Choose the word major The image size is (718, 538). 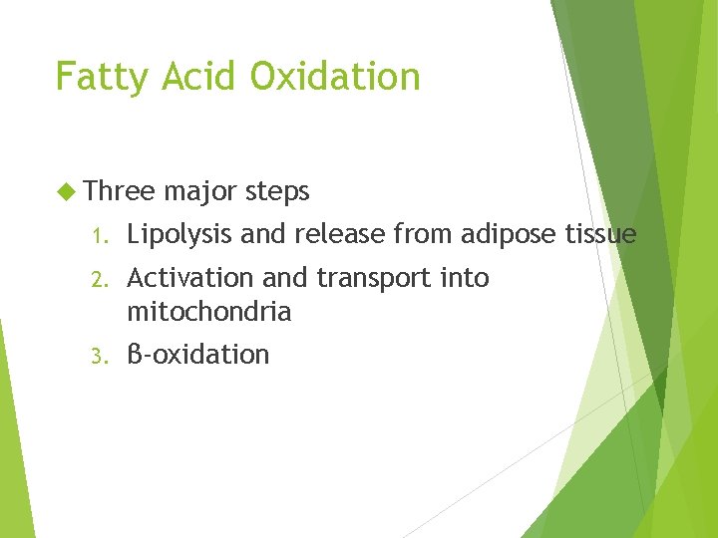tap(200, 190)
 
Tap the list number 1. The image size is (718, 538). tap(97, 236)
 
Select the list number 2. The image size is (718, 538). tap(97, 279)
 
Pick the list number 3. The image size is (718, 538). tap(97, 356)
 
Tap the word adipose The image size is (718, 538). tap(506, 235)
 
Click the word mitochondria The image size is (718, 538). tap(209, 312)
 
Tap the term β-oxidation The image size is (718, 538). tap(198, 355)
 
